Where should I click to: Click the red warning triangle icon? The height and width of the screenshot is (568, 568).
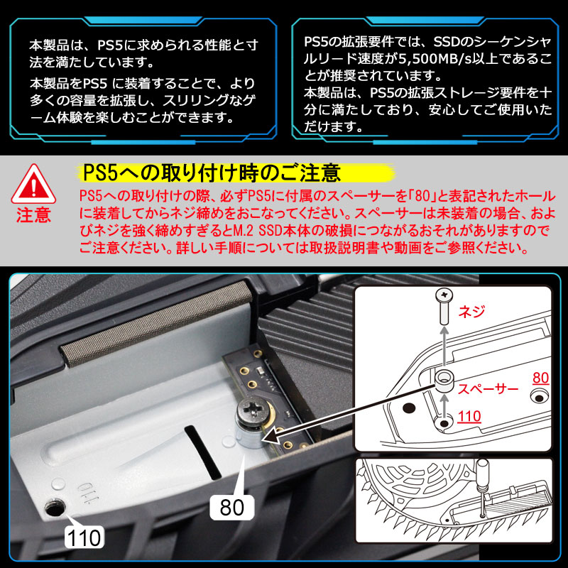pos(33,185)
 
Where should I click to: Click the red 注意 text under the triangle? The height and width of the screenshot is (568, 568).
pos(33,215)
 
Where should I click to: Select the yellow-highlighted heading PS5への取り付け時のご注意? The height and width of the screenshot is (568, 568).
pos(212,173)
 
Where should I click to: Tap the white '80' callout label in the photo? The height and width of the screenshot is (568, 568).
pos(232,507)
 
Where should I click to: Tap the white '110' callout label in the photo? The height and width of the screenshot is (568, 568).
pos(84,537)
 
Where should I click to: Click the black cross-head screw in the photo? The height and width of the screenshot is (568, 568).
pos(254,410)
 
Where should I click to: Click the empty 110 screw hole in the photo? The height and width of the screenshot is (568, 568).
pos(55,508)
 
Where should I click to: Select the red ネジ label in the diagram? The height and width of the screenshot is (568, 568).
pos(471,311)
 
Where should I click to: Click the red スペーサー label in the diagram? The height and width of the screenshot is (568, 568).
pos(488,388)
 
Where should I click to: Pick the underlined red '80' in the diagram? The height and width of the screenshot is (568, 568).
pos(540,378)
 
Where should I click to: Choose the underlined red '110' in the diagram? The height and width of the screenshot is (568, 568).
pos(469,417)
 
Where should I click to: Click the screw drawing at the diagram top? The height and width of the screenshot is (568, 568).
pos(444,307)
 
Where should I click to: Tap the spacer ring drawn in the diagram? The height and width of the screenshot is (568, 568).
pos(444,381)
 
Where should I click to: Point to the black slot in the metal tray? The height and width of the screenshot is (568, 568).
pos(203,453)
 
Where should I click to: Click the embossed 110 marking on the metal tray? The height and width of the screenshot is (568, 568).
pos(84,493)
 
